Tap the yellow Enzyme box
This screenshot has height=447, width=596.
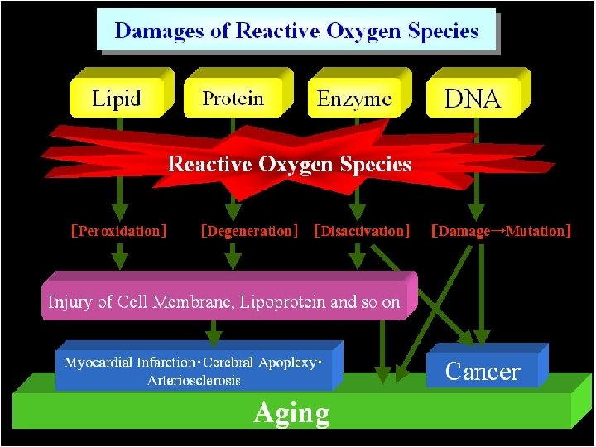[354, 99]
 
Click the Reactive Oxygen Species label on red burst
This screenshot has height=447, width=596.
[290, 164]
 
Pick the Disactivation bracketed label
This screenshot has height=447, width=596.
[362, 231]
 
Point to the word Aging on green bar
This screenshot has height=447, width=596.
[291, 412]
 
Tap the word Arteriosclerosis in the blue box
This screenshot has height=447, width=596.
[195, 380]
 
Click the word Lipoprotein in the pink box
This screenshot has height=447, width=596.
[283, 302]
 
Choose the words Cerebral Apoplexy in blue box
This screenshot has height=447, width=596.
[259, 363]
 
